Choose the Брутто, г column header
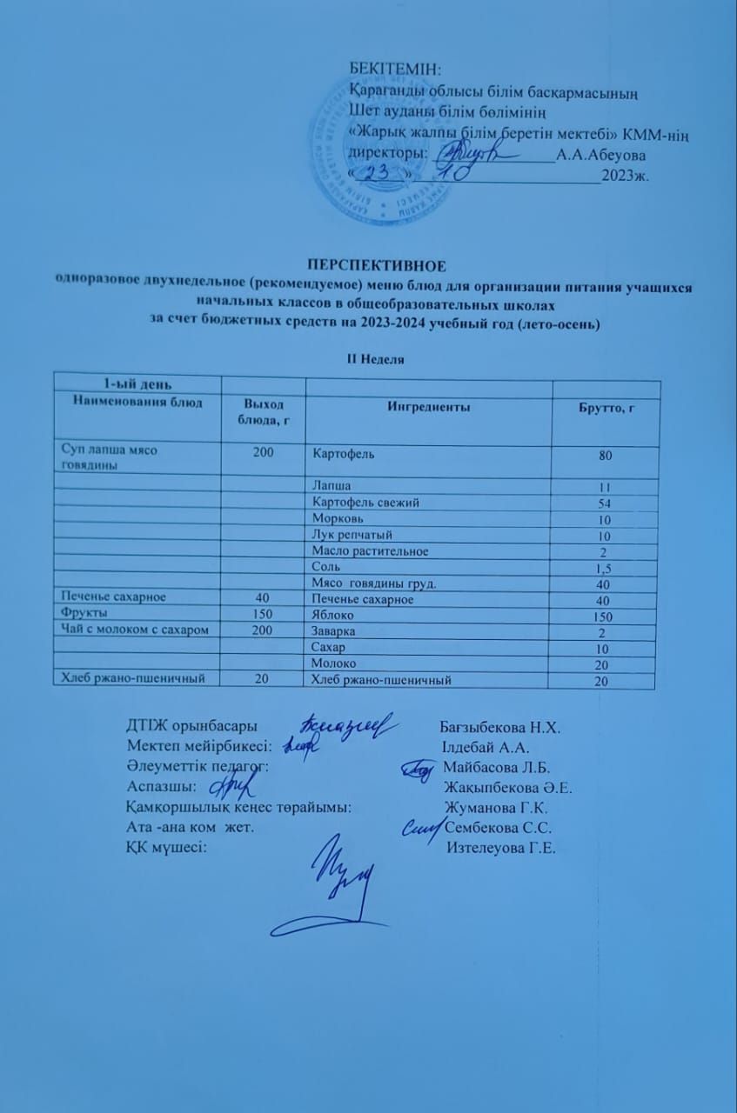(602, 409)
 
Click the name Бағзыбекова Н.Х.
(499, 727)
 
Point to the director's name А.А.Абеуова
(603, 154)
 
